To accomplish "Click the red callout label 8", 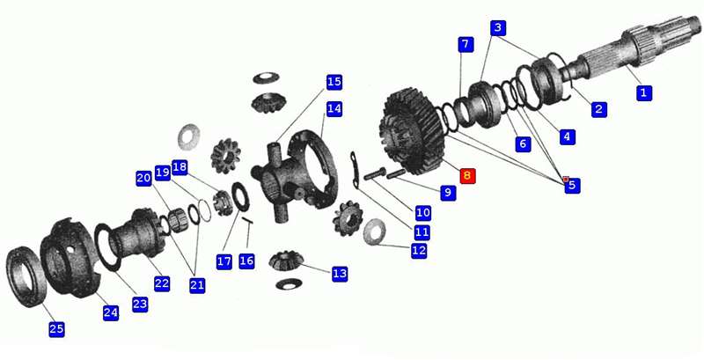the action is pyautogui.click(x=467, y=175).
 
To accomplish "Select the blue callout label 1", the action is pyautogui.click(x=644, y=93).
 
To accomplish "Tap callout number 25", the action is pyautogui.click(x=56, y=329).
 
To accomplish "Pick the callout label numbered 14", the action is pyautogui.click(x=334, y=108).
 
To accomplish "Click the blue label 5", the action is pyautogui.click(x=572, y=185).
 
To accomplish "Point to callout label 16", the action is pyautogui.click(x=246, y=261).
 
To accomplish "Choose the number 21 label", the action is pyautogui.click(x=197, y=285).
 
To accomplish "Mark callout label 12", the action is pyautogui.click(x=419, y=251).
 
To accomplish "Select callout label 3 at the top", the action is pyautogui.click(x=498, y=28).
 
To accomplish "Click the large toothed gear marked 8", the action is pyautogui.click(x=411, y=132).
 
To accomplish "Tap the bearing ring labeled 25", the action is pyautogui.click(x=26, y=277).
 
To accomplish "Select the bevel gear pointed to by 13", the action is pyautogui.click(x=287, y=260).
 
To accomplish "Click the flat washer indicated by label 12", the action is pyautogui.click(x=374, y=232).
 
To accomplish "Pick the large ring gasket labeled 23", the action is pyautogui.click(x=107, y=247).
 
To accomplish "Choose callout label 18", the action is pyautogui.click(x=180, y=167).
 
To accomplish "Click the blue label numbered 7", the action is pyautogui.click(x=466, y=44).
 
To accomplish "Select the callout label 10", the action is pyautogui.click(x=423, y=212).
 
